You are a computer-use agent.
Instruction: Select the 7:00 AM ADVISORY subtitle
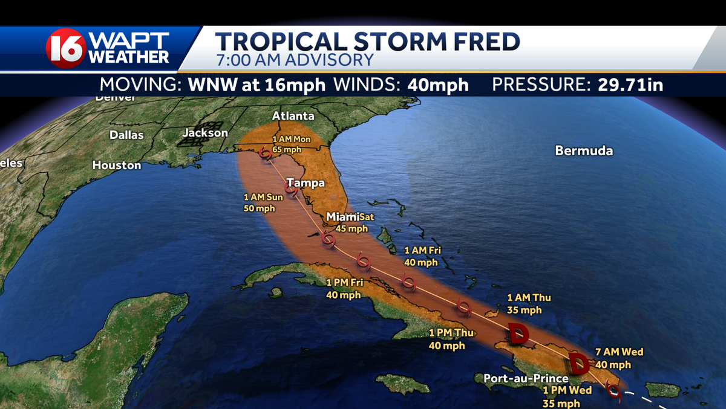[295, 60]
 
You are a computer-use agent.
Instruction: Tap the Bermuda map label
[584, 151]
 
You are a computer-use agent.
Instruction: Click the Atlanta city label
[293, 116]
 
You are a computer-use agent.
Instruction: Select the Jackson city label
[206, 133]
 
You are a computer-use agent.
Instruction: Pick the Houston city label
[117, 165]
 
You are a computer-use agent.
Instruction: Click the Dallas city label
[126, 135]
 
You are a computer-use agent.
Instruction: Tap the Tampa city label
[306, 183]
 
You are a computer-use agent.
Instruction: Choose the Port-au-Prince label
[526, 379]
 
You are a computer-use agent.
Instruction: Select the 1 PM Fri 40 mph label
[343, 289]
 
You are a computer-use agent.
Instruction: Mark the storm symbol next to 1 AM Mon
[264, 153]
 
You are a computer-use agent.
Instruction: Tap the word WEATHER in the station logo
[129, 57]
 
